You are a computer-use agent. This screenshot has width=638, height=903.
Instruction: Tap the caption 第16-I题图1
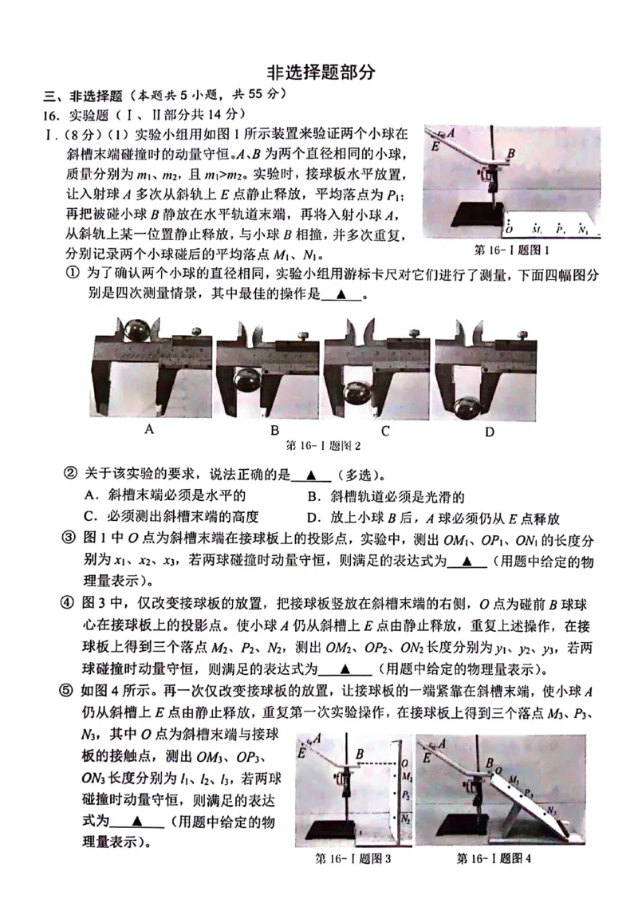point(512,250)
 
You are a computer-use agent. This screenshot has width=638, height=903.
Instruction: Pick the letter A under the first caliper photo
point(149,429)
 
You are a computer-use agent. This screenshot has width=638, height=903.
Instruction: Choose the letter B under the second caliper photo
point(274,431)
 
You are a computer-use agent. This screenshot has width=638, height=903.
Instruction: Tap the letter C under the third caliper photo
point(384,431)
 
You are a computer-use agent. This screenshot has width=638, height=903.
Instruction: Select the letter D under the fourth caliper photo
point(490,432)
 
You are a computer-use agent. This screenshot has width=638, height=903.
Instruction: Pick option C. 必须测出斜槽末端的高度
point(171,517)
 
